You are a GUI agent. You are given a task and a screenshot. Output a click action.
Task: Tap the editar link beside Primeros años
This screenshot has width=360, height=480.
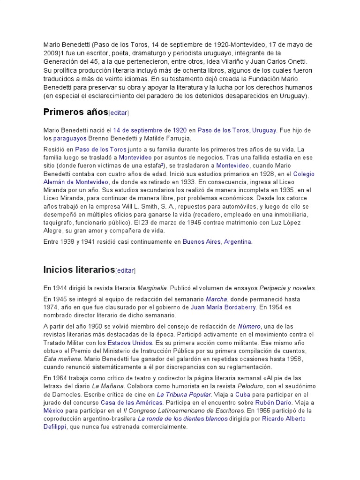[x=119, y=113]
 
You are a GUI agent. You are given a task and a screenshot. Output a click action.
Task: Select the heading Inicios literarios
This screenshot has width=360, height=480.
[x=79, y=269]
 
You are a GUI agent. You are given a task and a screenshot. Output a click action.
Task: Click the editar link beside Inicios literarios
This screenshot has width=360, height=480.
[x=125, y=270]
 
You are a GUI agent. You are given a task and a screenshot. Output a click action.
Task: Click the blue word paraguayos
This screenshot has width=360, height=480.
[x=70, y=139]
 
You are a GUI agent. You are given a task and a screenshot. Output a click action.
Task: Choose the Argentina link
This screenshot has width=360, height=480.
[x=238, y=242]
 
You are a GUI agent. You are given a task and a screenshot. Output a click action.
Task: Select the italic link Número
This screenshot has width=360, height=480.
[x=249, y=326]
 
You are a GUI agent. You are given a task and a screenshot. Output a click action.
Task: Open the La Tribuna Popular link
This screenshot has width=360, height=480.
[x=184, y=394]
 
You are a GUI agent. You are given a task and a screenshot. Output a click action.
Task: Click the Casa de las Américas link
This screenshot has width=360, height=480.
[x=132, y=403]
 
